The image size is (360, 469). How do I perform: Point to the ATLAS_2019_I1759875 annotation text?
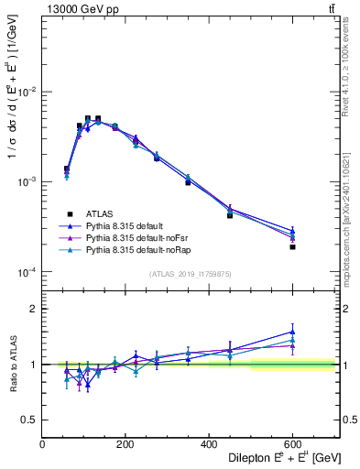pos(190,274)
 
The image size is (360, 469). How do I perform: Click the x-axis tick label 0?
pos(42,445)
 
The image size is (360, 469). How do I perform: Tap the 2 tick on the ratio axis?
pos(34,309)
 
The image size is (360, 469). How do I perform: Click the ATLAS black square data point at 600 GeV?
pos(292,247)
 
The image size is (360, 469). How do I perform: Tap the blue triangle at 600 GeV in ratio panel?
pos(292,332)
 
